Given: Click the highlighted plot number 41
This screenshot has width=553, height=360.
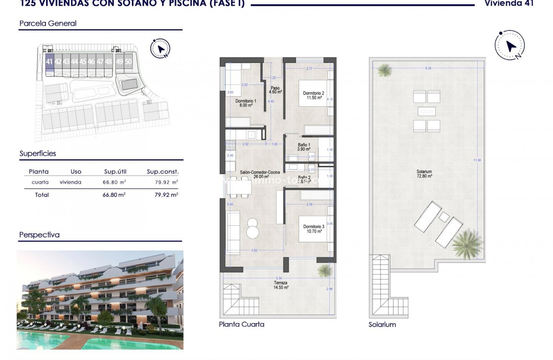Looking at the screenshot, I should coord(49,62).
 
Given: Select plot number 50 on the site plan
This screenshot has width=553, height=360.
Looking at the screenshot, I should coord(128,62).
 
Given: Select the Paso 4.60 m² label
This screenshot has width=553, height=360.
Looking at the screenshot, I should coord(275,90).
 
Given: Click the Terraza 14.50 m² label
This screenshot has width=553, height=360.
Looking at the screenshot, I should coord(280,285).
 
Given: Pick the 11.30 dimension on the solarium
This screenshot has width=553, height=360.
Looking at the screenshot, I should coord(477,160).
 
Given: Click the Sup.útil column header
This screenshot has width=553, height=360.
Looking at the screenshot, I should coord(115,171).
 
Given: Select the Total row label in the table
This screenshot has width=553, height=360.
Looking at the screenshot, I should coord(42,195).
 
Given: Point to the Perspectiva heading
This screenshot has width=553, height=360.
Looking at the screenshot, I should coord(39,235).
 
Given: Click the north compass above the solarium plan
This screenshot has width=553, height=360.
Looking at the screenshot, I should coord(509,45).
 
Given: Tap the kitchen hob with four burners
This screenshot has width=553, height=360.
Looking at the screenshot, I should coord(230,145).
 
